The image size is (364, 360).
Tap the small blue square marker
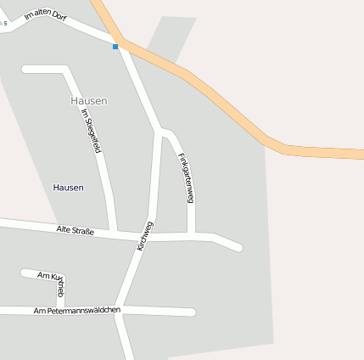pyautogui.click(x=115, y=47)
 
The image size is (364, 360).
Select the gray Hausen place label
pyautogui.click(x=89, y=100)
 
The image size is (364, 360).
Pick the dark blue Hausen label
pyautogui.click(x=68, y=187)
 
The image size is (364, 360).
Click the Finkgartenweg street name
pyautogui.click(x=187, y=177)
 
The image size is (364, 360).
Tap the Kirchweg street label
pyautogui.click(x=144, y=234)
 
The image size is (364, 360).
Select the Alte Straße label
pyautogui.click(x=75, y=229)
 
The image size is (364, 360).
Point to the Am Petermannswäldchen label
pyautogui.click(x=76, y=310)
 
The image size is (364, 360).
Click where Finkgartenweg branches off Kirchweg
pyautogui.click(x=160, y=132)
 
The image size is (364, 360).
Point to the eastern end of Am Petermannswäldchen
pyautogui.click(x=192, y=312)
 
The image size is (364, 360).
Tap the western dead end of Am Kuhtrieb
pyautogui.click(x=24, y=273)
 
